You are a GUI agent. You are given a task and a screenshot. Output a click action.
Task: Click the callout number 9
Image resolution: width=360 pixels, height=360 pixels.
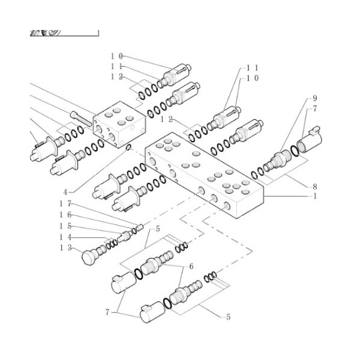(314, 98)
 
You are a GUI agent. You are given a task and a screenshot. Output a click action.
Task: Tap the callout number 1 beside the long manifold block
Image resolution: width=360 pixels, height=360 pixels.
(314, 196)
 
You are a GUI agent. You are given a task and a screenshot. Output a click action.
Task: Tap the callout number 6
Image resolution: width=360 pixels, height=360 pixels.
(191, 266)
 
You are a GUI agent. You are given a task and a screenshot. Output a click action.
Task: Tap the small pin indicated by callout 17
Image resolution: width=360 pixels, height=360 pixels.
(139, 227)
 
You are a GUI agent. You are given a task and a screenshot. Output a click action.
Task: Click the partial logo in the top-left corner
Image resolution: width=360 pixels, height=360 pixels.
(45, 32)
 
